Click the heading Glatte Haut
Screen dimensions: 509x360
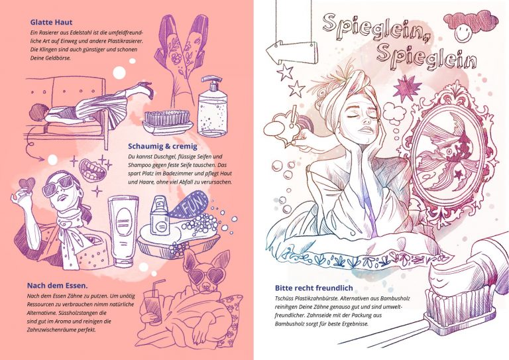pos(51,22)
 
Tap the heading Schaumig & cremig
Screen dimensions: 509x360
pos(162,147)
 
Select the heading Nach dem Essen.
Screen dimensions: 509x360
pos(57,286)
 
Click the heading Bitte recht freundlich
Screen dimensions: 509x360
pos(313,288)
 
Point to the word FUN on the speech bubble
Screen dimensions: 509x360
pos(194,204)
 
